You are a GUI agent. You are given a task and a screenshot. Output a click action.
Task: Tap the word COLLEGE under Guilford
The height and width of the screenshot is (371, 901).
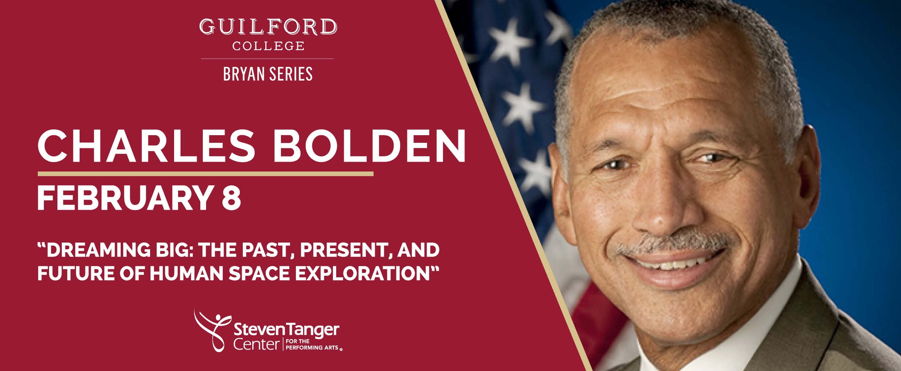pyautogui.click(x=268, y=46)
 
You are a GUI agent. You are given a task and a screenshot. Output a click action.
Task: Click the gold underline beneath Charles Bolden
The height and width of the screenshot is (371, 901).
pyautogui.click(x=205, y=174)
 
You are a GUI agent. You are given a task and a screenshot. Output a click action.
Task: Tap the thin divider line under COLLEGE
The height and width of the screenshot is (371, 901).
pyautogui.click(x=267, y=59)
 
